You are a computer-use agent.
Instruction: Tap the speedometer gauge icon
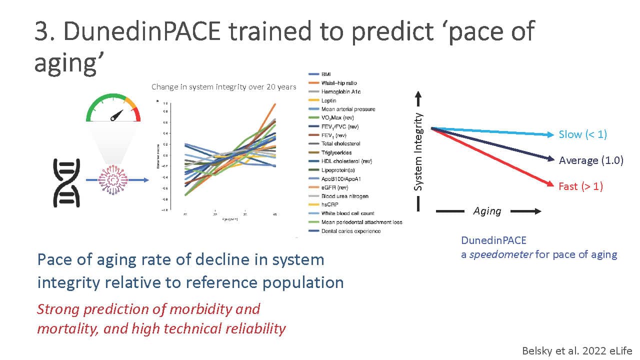coord(113,109)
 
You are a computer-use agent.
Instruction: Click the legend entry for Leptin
coord(325,100)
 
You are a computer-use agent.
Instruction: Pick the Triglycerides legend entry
coord(333,152)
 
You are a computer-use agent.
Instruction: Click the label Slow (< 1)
coord(582,134)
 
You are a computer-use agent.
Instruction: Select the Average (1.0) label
coord(590,160)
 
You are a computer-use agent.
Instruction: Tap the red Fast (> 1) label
coord(580,186)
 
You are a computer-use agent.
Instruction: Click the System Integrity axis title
coord(419,151)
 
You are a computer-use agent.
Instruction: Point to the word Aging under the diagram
coord(487,211)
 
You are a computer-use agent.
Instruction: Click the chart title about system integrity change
coord(223,87)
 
